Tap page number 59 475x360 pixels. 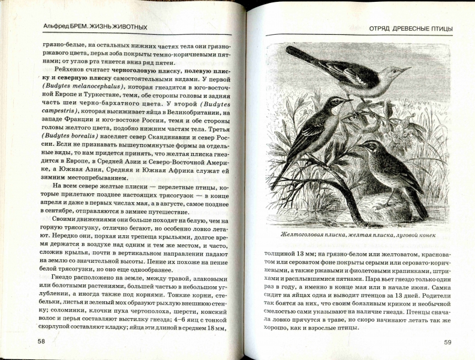point(447,342)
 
